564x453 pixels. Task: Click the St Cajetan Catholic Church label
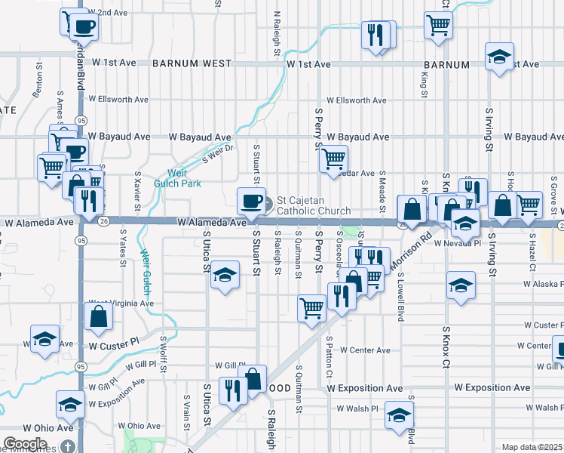pyautogui.click(x=314, y=205)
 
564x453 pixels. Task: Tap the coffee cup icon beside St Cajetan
pyautogui.click(x=252, y=201)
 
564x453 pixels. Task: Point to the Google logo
pyautogui.click(x=26, y=444)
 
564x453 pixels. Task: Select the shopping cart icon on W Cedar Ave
pyautogui.click(x=333, y=159)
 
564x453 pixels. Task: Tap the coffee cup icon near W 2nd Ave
pyautogui.click(x=84, y=27)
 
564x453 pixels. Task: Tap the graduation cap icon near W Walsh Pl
pyautogui.click(x=398, y=415)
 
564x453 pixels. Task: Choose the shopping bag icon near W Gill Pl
pyautogui.click(x=254, y=378)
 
